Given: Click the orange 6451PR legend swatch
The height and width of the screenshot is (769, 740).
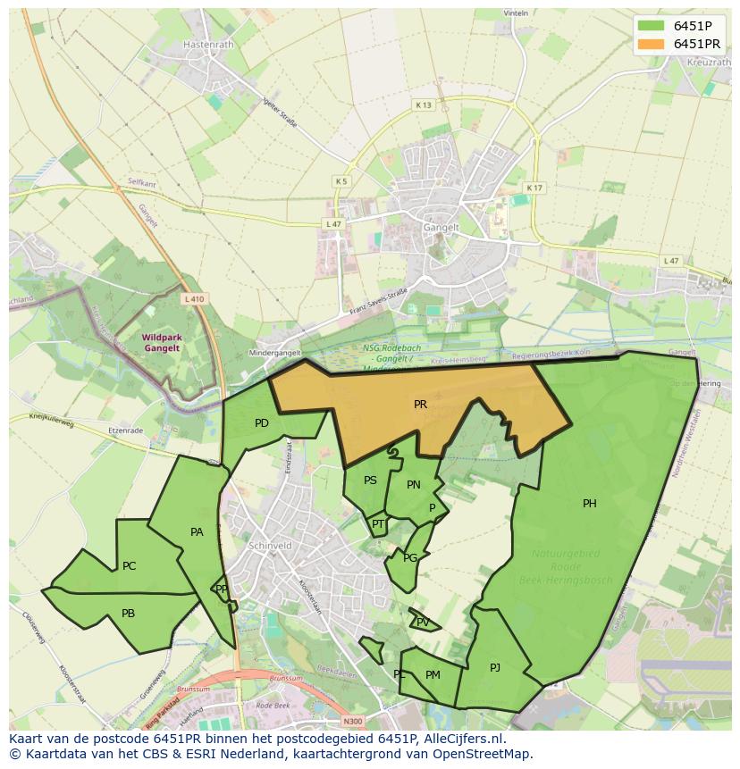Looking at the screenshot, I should coord(652,44).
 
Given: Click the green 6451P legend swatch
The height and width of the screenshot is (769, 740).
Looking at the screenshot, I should coord(652,26).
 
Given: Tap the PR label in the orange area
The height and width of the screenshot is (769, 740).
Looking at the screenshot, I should coord(420,405).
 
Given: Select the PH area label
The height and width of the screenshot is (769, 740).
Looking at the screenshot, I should coord(590,504).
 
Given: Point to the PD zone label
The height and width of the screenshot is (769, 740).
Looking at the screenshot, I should coord(262,423).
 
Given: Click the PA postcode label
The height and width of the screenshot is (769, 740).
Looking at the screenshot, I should coord(198,532).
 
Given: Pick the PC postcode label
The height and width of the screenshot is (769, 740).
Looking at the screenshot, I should coord(130,566).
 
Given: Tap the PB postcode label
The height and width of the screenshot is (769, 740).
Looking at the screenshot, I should coord(128,614).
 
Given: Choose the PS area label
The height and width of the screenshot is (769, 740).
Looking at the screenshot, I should coord(370,481).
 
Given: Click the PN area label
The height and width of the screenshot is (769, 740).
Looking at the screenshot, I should coord(414,485).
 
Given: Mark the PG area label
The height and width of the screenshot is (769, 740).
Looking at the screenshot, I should coord(410,558).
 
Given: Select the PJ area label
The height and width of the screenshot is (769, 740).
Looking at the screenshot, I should coord(495,667).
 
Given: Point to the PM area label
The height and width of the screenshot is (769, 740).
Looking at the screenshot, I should coord(433,675).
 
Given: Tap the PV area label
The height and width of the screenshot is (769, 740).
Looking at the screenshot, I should coord(423,623).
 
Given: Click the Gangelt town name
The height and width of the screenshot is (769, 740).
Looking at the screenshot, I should coord(441,228).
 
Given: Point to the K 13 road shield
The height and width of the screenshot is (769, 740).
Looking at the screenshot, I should coord(423,105).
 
